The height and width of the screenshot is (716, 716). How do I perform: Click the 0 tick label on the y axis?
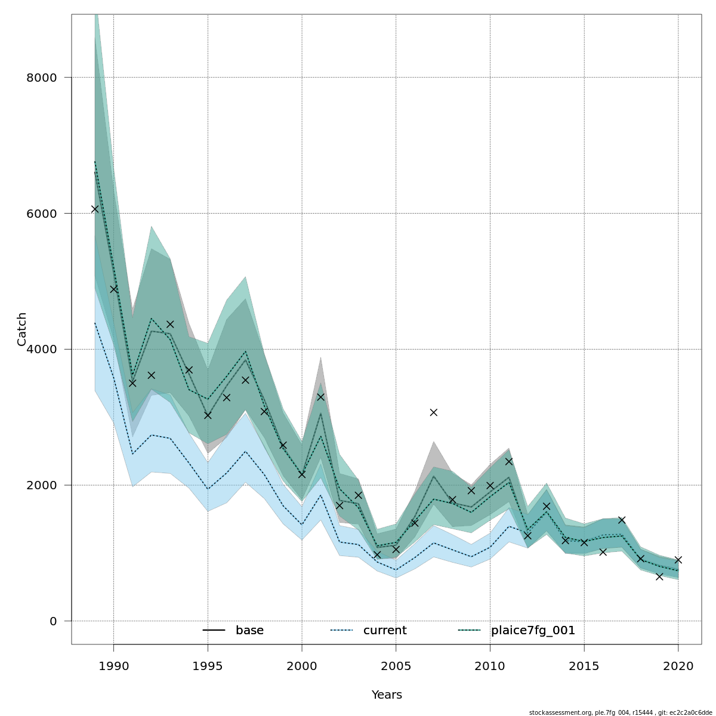pos(53,621)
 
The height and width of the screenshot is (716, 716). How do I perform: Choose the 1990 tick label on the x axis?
pos(113,666)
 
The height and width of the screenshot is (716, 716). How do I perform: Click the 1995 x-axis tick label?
pos(208,666)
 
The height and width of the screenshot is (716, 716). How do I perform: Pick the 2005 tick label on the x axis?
pos(396,666)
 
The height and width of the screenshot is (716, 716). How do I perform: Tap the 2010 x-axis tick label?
pos(490,666)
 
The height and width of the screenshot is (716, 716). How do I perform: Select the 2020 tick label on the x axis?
pos(678,666)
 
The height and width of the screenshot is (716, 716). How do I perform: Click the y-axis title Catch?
pos(22,329)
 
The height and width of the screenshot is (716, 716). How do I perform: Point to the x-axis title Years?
pos(387,695)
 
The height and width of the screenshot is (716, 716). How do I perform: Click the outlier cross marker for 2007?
pos(434,412)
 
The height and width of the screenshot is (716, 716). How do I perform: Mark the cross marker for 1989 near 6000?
pos(95,209)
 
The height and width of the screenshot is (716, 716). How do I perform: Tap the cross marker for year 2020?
pos(678,560)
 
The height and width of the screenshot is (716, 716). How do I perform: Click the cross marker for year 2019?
pos(659,576)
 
